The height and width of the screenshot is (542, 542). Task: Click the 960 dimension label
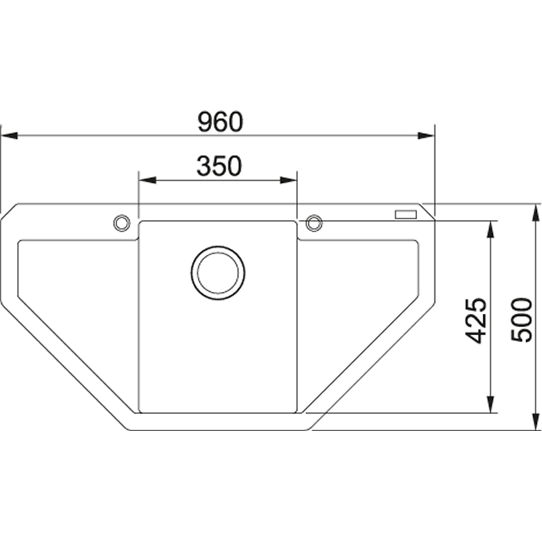click(220, 122)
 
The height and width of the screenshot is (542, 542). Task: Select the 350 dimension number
click(219, 166)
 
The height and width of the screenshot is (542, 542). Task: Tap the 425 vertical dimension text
click(476, 320)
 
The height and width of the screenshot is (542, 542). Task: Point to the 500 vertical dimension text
click(522, 320)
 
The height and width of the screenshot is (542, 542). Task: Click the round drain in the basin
click(218, 273)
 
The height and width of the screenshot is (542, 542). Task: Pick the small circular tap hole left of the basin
click(122, 223)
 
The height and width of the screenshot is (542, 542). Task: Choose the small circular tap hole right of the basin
click(314, 223)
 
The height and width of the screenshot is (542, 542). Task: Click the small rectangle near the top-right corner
click(406, 215)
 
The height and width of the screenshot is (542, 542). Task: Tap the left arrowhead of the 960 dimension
click(9, 135)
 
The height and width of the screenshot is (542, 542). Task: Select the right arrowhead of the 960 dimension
click(426, 135)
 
